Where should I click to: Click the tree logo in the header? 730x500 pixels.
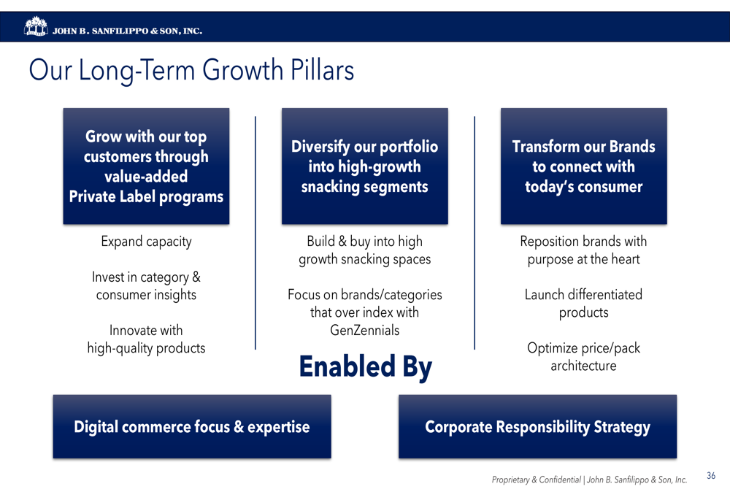coord(36,26)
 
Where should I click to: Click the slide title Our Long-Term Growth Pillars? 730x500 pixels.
coord(191,70)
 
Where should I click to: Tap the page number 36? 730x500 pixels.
coord(711,475)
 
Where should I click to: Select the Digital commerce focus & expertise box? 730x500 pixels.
coord(192,426)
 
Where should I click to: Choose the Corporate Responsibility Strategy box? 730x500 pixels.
coord(537,426)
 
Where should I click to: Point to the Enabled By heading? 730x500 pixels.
coord(366,367)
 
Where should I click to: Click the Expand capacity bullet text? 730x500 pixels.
coord(146,242)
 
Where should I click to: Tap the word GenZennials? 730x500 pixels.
coord(364,330)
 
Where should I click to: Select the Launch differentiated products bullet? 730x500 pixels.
coord(583,303)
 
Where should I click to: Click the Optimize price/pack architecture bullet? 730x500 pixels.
coord(583,357)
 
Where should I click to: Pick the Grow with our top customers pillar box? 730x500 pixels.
coord(146,166)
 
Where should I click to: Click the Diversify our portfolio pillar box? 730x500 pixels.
coord(364,166)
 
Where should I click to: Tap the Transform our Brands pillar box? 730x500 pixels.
coord(584,166)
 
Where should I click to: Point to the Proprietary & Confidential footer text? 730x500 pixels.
coord(589,480)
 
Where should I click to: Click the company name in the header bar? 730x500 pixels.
coord(127,31)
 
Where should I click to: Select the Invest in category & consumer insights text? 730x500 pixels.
coord(146,286)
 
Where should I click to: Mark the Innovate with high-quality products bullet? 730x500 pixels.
coord(146,339)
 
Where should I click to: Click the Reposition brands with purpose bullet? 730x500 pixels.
coord(583,250)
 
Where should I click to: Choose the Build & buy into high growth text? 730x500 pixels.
coord(364,250)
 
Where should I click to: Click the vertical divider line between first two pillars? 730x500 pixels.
coord(255,233)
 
